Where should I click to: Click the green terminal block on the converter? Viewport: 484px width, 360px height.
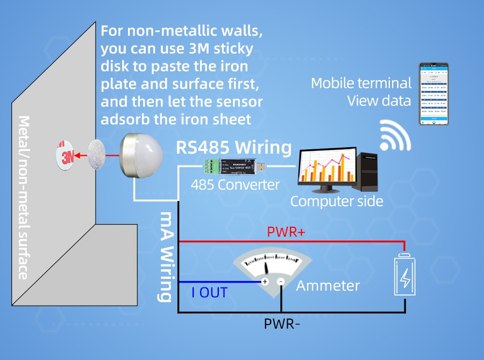pyautogui.click(x=215, y=167)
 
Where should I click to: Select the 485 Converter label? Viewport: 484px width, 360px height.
pyautogui.click(x=236, y=185)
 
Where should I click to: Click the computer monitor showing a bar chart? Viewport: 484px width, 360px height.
pyautogui.click(x=327, y=168)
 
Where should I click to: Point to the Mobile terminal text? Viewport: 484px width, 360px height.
pyautogui.click(x=361, y=83)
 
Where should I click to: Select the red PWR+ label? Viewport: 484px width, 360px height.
pyautogui.click(x=286, y=233)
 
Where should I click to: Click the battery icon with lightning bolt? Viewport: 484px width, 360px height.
pyautogui.click(x=405, y=276)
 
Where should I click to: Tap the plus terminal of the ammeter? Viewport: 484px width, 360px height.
pyautogui.click(x=265, y=282)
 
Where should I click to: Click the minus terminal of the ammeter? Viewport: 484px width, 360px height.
pyautogui.click(x=280, y=282)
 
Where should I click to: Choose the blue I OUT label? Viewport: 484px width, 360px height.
pyautogui.click(x=209, y=293)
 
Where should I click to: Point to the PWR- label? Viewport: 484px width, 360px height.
pyautogui.click(x=281, y=324)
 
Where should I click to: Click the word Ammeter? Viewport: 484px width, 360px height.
pyautogui.click(x=328, y=285)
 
